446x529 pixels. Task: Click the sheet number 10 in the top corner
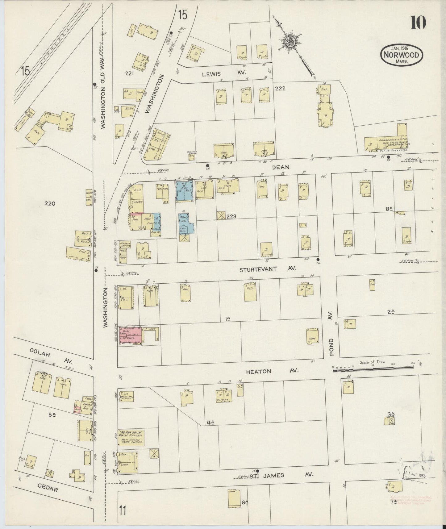tap(418, 22)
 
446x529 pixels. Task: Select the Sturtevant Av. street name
tap(268, 269)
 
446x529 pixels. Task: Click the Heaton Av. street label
tap(272, 371)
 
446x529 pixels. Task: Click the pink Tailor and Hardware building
tap(131, 335)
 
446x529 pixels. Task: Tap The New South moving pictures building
tap(131, 438)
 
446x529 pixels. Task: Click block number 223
tap(231, 216)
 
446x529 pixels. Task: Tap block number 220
tap(50, 203)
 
